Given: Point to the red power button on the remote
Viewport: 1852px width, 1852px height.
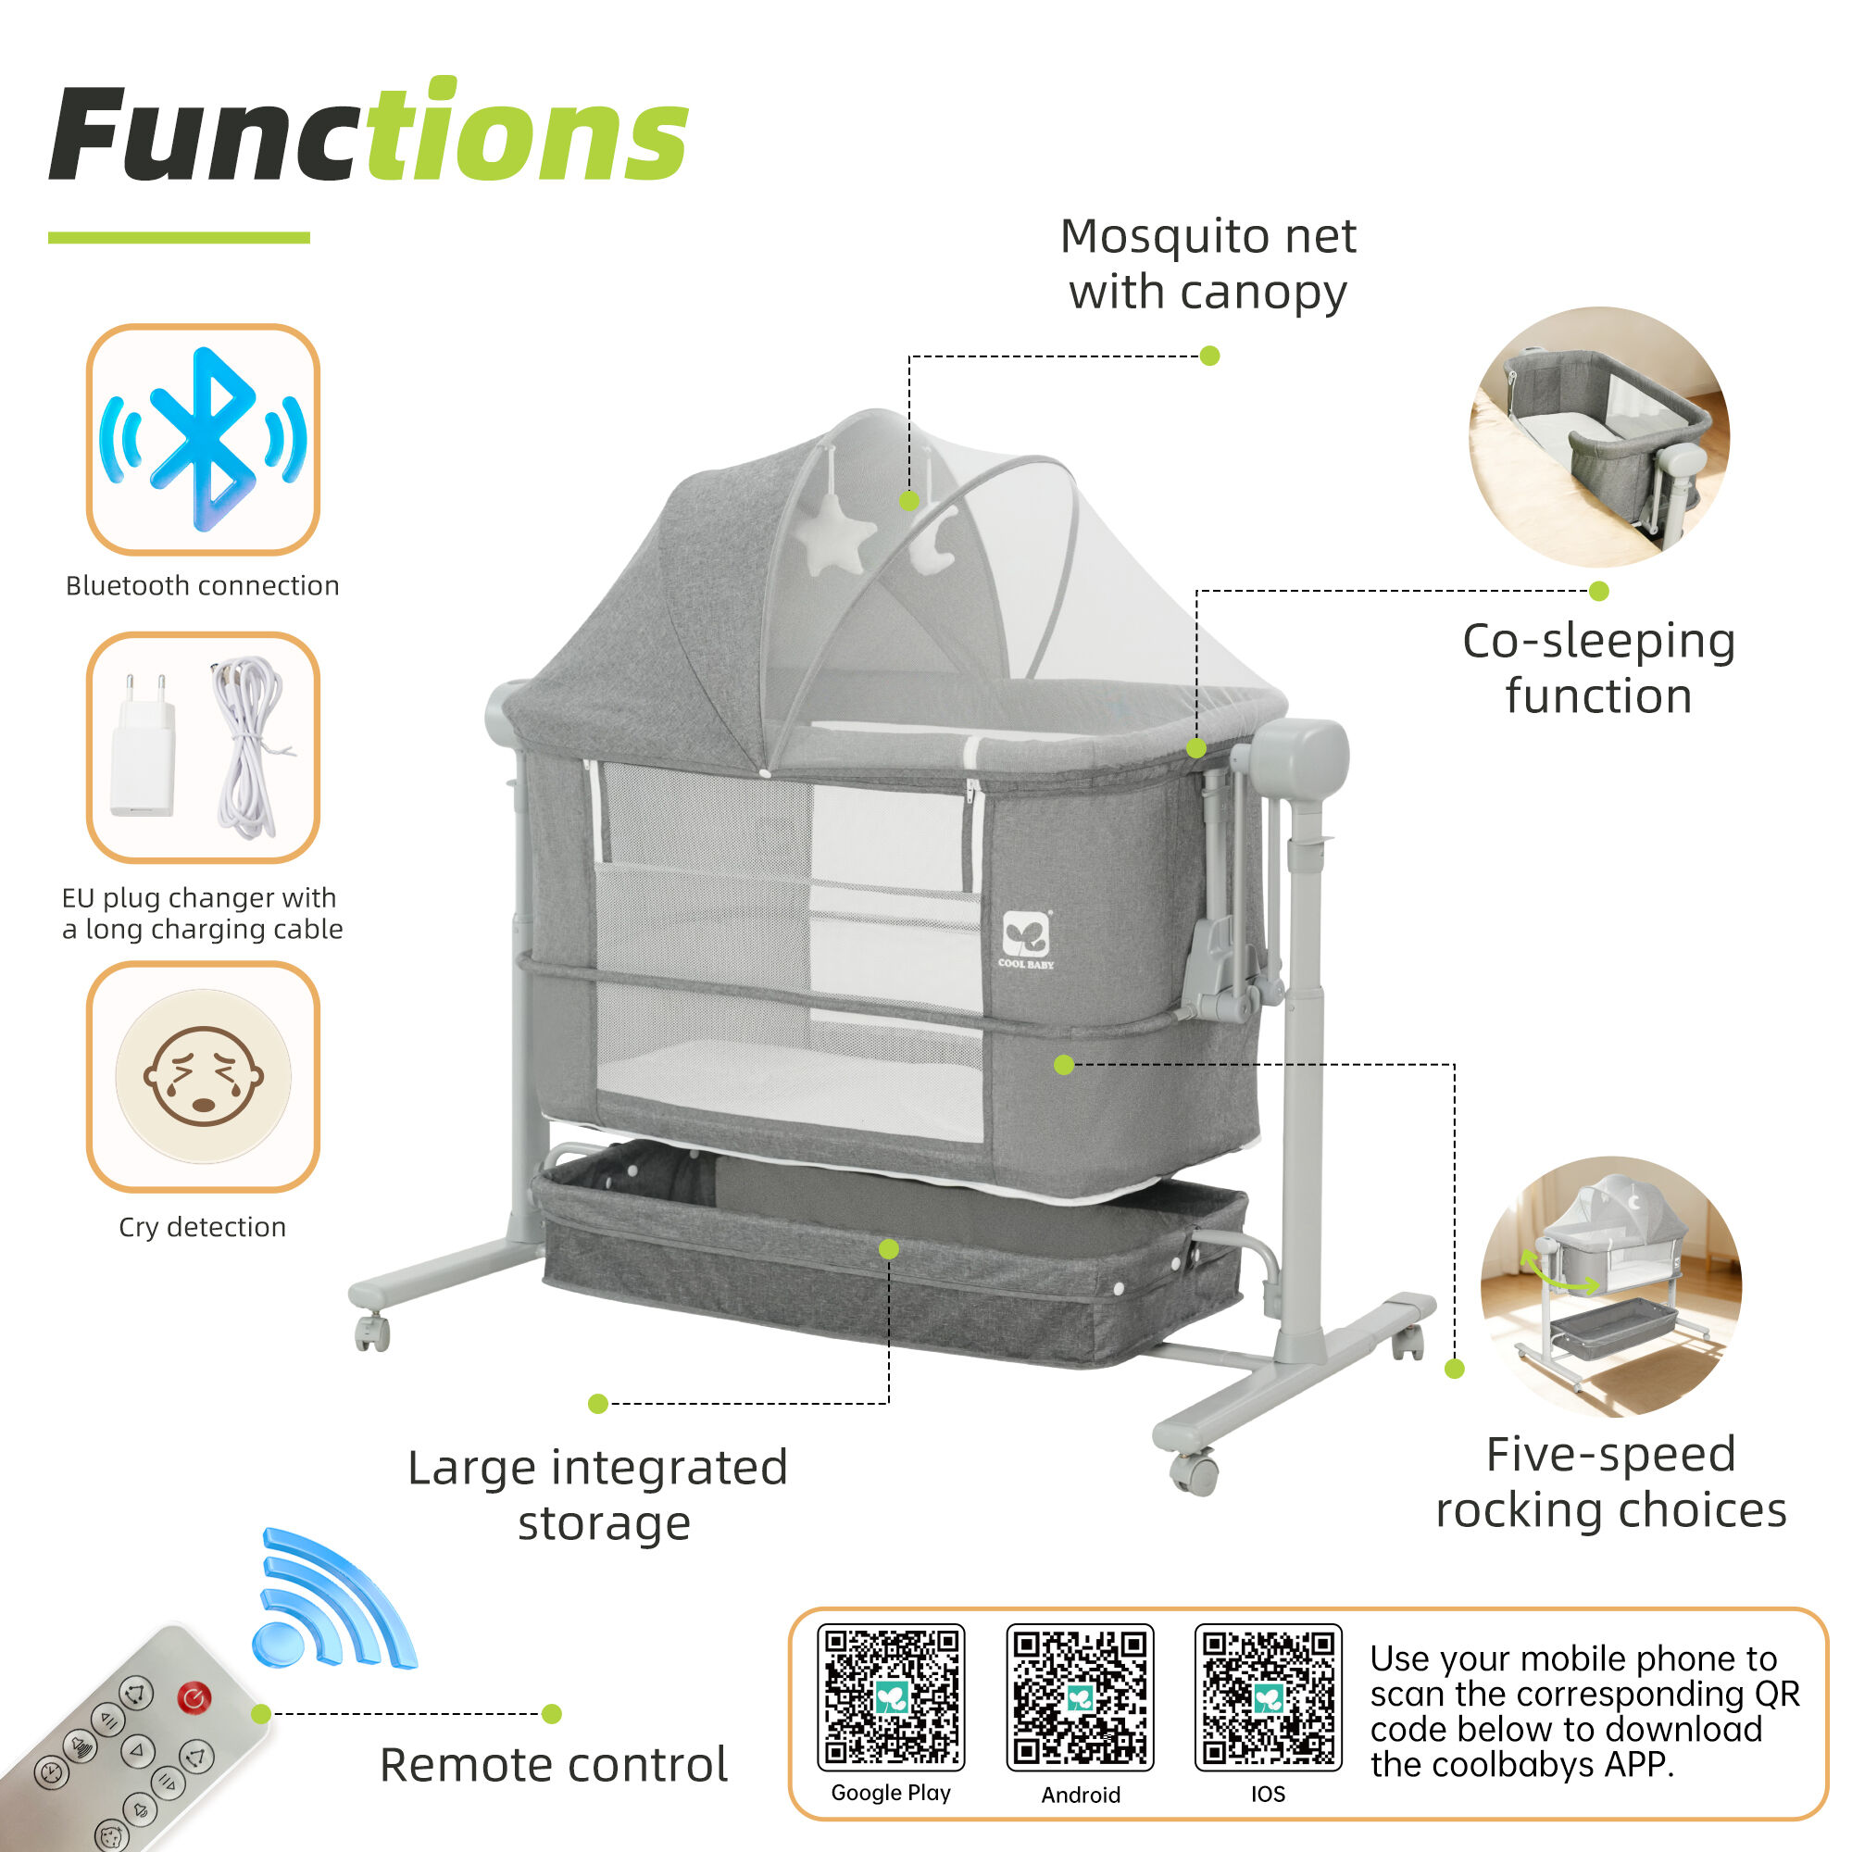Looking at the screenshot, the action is point(194,1699).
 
